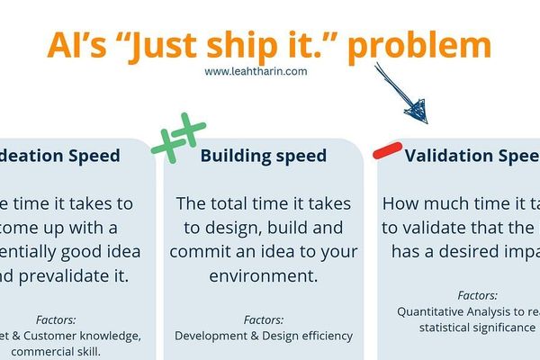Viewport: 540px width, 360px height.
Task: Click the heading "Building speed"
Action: [x=263, y=156]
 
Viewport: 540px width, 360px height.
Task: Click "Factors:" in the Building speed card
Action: [x=263, y=319]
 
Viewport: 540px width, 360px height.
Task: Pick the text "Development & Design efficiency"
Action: [x=263, y=336]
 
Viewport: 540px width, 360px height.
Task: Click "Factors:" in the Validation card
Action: [x=477, y=295]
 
